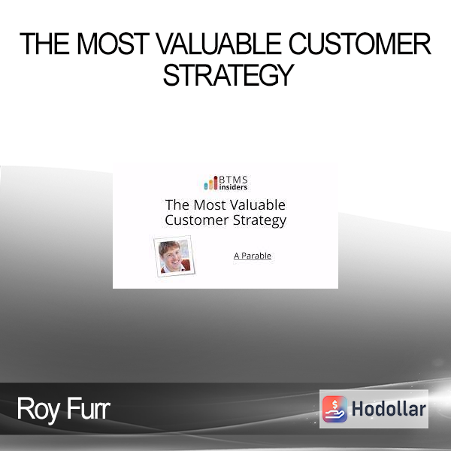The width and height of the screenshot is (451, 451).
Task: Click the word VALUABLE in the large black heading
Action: pos(219,44)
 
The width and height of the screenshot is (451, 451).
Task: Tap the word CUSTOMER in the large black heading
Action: pos(360,44)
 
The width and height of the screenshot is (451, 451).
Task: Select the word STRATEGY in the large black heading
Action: pos(229,75)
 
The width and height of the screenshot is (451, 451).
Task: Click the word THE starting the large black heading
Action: pos(44,44)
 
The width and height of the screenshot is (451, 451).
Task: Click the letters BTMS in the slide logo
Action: pos(233,180)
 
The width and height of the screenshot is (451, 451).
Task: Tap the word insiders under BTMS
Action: pos(233,187)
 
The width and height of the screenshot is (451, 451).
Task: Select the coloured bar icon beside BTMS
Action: pos(210,183)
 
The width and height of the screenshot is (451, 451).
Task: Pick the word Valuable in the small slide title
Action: pos(258,205)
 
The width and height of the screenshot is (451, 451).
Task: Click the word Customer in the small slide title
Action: pos(197,220)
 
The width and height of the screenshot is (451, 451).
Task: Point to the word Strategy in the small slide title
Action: pos(259,221)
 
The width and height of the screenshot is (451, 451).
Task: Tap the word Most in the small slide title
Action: pos(210,205)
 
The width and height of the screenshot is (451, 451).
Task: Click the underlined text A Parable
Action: pos(253,256)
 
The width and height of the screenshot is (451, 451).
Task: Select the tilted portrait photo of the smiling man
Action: pos(174,256)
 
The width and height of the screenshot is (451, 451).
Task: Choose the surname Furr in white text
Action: pos(87,409)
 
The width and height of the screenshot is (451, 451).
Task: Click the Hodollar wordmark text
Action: pos(389,409)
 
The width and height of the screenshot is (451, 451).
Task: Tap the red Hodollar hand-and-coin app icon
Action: pos(334,409)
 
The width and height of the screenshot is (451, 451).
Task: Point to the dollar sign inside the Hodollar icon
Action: pos(334,404)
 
